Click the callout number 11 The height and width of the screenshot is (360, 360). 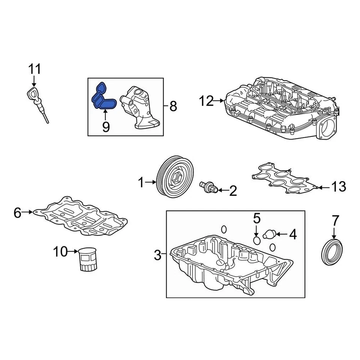tap(34, 69)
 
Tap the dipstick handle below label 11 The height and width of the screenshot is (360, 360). tap(33, 93)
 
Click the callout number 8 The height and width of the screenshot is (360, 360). tap(173, 106)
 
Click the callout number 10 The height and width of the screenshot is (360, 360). tap(60, 251)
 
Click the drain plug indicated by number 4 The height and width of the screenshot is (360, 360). tap(269, 235)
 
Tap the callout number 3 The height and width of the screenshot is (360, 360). tap(158, 256)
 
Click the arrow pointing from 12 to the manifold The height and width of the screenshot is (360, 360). tap(219, 100)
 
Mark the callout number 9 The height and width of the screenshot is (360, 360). tap(106, 127)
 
